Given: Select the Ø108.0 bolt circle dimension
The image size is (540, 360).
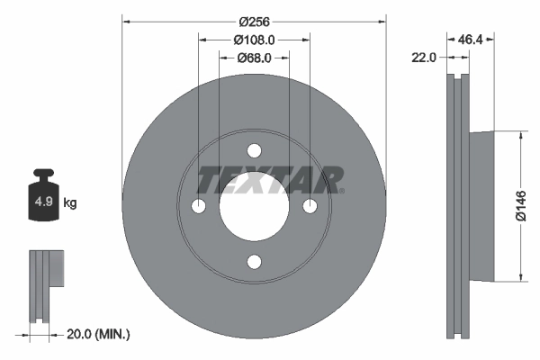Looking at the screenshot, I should point(254,40).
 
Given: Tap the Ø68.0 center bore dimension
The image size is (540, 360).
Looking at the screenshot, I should point(254,58).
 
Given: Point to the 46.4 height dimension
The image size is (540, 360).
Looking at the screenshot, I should point(471,40).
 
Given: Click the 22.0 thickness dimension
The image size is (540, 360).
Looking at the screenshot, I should point(424,57).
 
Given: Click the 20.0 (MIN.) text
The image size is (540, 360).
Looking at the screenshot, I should point(99,334).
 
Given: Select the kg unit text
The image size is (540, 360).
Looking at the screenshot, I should point(70,203).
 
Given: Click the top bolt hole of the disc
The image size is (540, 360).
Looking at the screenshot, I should point(254,150).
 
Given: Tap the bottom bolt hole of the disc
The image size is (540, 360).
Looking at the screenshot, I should point(254,262).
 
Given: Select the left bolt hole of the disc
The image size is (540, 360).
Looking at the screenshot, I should point(198,206).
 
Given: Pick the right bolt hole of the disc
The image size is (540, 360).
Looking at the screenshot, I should point(310,206).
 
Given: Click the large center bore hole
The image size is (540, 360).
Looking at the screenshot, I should point(254,206).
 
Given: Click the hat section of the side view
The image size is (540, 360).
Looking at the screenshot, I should point(482,206).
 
